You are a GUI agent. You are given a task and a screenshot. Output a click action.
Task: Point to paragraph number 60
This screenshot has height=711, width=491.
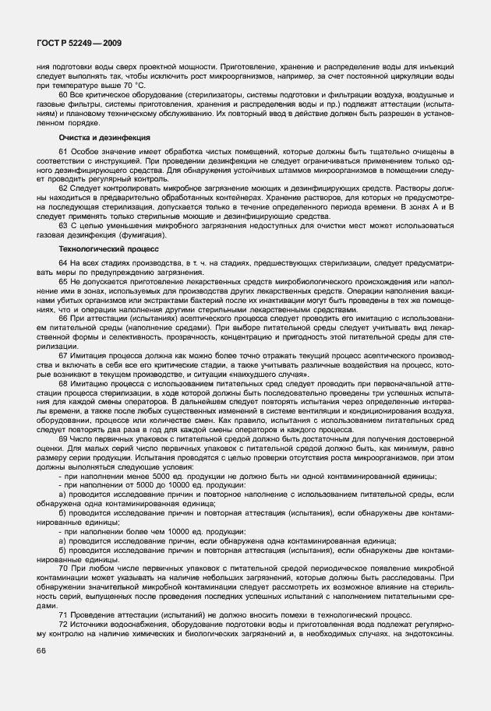[64, 95]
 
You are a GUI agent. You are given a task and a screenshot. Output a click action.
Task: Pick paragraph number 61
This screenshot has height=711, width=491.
[64, 150]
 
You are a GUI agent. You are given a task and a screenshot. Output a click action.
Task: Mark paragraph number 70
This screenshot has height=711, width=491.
[64, 570]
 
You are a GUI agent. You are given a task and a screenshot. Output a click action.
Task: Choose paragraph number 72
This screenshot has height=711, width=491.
[64, 625]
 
